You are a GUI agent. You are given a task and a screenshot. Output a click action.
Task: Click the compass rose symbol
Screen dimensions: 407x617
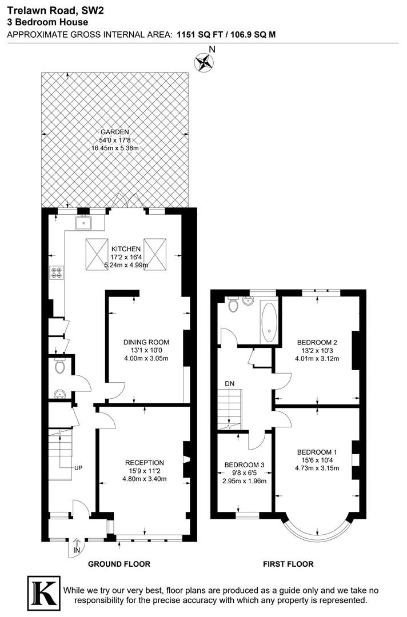tap(203, 62)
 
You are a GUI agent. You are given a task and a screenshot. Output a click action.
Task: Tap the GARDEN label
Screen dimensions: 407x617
tap(114, 132)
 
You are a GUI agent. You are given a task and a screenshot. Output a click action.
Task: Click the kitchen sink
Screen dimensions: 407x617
tap(83, 223)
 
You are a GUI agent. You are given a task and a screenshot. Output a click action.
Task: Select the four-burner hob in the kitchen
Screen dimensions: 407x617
tap(56, 273)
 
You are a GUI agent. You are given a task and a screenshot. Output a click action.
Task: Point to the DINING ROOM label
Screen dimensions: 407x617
tap(146, 342)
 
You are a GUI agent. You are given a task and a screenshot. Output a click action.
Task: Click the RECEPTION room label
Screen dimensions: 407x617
tap(145, 463)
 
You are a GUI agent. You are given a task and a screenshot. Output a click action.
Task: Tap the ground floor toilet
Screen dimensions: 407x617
tap(60, 366)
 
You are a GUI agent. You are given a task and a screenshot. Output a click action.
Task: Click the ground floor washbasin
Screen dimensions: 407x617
tap(59, 394)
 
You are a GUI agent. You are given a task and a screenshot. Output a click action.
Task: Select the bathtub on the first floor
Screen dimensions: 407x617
tap(269, 322)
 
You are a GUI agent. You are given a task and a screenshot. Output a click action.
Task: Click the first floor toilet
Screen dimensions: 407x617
tap(233, 304)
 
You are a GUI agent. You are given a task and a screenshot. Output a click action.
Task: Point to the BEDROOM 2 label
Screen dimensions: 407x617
tap(317, 342)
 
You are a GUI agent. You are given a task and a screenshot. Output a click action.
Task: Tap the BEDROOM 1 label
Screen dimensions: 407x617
tap(317, 452)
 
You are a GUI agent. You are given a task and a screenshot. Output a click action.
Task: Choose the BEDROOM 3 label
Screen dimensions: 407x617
tap(244, 464)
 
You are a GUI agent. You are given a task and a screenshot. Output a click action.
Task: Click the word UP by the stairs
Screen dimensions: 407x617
tap(78, 468)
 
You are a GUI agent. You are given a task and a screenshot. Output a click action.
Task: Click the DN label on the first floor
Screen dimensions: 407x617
tap(229, 383)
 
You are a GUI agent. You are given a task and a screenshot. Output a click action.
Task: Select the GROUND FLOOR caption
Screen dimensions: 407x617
tap(119, 564)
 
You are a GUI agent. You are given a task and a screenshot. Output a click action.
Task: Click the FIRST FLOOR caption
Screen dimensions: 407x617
tap(288, 564)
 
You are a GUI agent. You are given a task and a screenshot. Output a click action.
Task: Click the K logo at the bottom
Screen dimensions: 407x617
tap(43, 594)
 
